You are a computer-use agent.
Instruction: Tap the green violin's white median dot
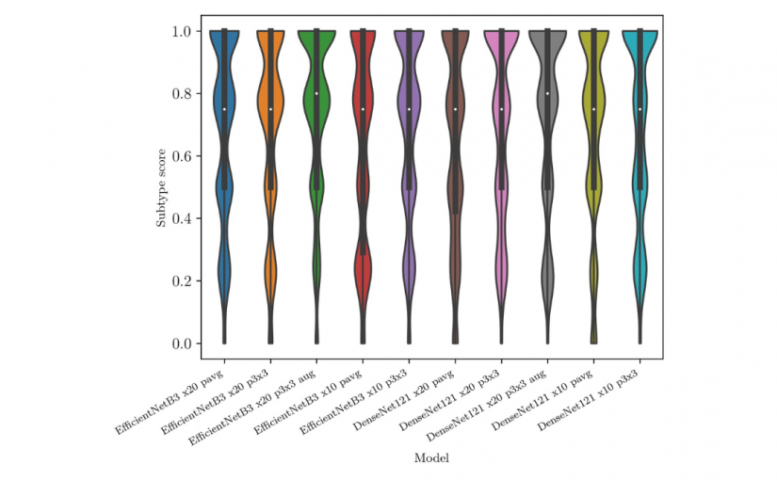(x=316, y=93)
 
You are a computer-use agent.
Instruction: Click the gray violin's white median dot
(x=547, y=93)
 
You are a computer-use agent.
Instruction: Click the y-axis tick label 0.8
(x=183, y=94)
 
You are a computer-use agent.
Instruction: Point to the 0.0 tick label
(x=183, y=344)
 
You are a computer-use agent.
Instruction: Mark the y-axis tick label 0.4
(x=183, y=218)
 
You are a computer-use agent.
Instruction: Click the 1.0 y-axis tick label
(x=183, y=32)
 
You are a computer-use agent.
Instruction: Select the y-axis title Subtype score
(x=161, y=187)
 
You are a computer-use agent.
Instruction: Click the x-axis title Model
(x=431, y=458)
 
